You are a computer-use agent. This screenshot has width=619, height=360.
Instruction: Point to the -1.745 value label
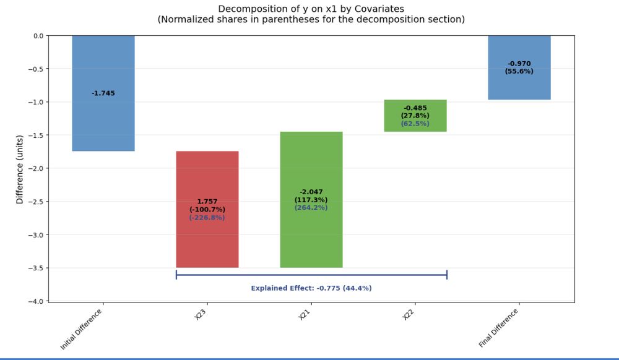coord(103,93)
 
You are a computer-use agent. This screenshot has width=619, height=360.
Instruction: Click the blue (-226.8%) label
coord(207,218)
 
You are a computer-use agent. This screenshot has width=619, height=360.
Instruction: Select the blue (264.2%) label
coord(311,208)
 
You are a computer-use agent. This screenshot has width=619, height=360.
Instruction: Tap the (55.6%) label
coord(519,71)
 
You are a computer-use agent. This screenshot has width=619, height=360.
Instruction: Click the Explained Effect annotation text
coord(311,288)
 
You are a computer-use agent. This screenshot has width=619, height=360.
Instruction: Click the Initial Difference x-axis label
coord(82,328)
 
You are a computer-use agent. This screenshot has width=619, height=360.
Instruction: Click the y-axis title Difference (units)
coord(20,169)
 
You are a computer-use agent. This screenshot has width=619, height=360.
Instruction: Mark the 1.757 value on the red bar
coord(207,202)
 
